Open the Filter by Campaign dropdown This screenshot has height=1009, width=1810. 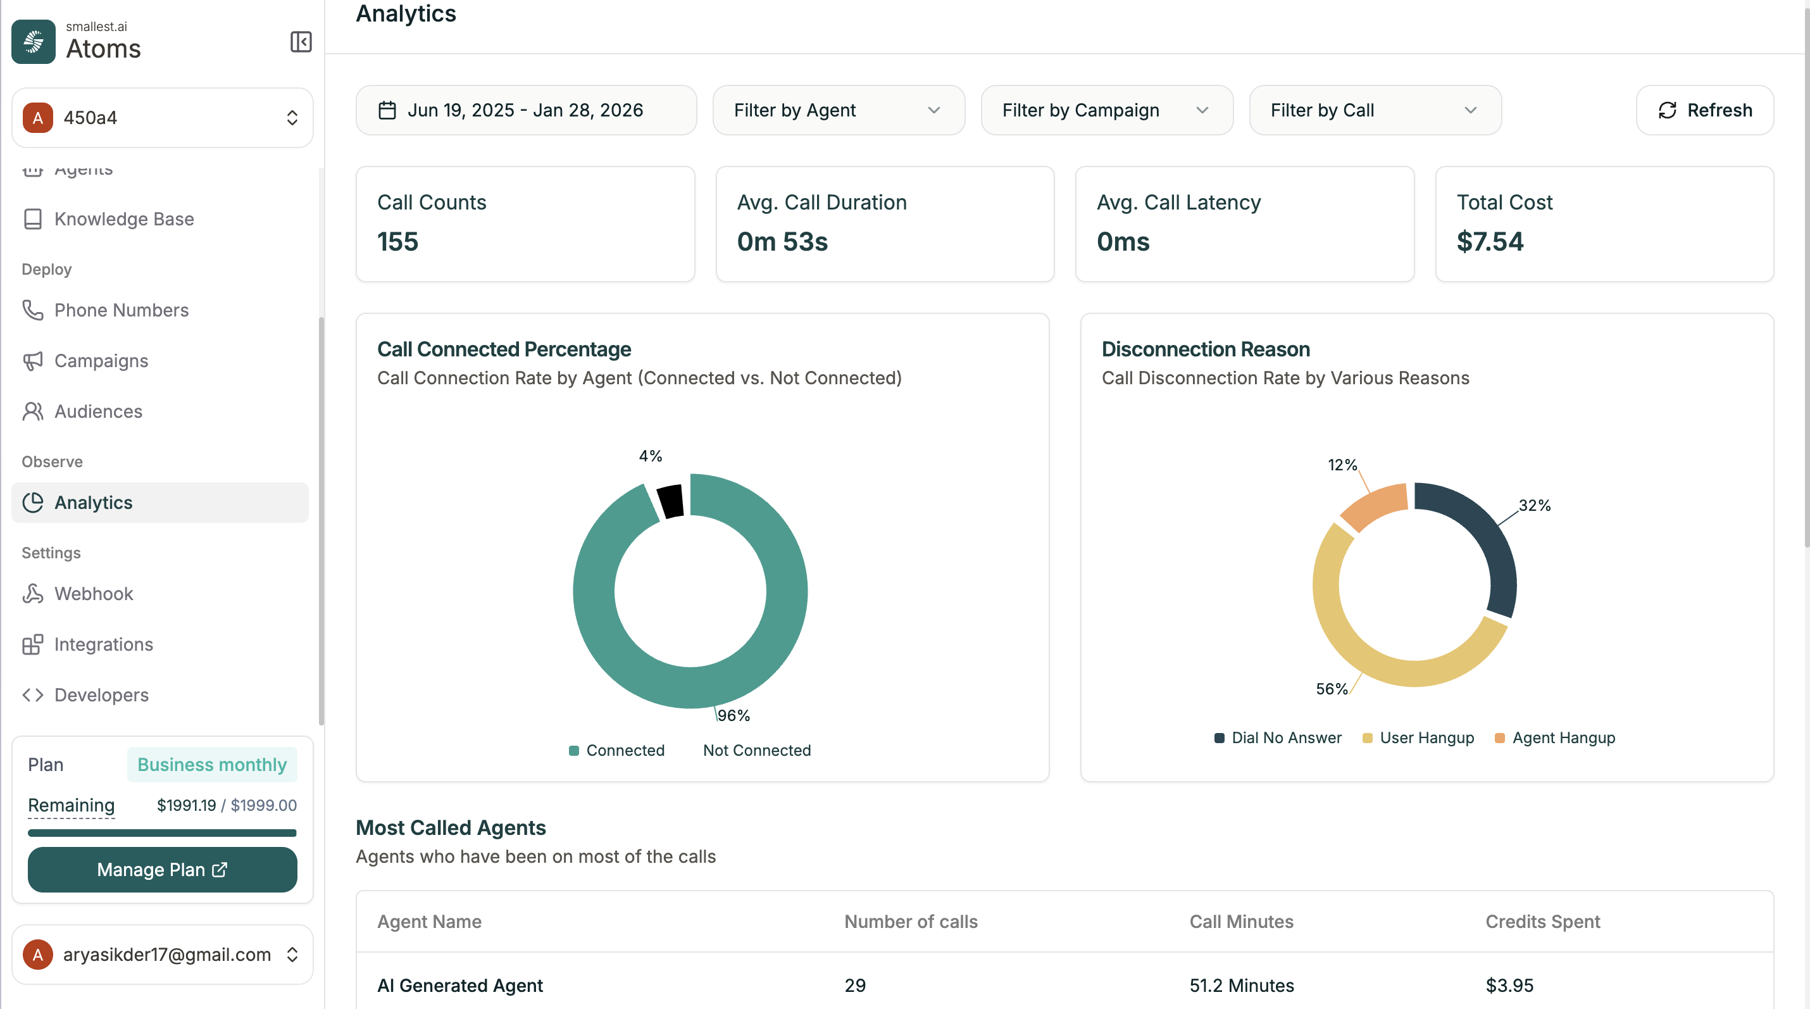[x=1106, y=110]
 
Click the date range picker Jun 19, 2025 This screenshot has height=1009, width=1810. [x=525, y=110]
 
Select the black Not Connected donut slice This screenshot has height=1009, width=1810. [x=670, y=501]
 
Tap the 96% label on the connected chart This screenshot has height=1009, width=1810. [x=733, y=715]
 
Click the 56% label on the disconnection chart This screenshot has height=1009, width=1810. [x=1332, y=689]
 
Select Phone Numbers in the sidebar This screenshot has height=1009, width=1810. [x=121, y=310]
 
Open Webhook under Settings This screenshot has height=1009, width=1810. [x=94, y=594]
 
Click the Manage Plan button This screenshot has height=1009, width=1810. [x=162, y=870]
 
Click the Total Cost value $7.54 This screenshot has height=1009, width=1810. [x=1490, y=242]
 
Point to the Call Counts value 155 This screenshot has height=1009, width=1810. [x=397, y=242]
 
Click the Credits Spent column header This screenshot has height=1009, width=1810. [x=1542, y=921]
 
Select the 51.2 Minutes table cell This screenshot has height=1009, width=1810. [x=1241, y=985]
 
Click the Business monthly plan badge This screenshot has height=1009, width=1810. [x=211, y=765]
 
